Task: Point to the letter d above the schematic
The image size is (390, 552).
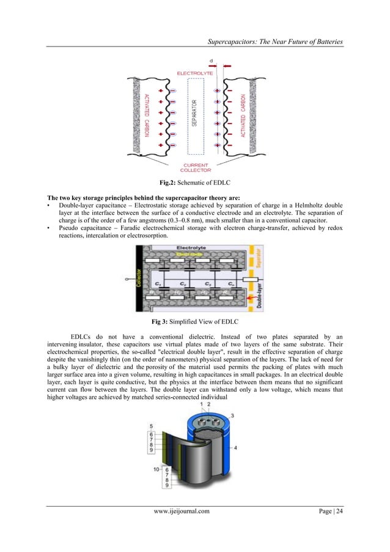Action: pos(211,61)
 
